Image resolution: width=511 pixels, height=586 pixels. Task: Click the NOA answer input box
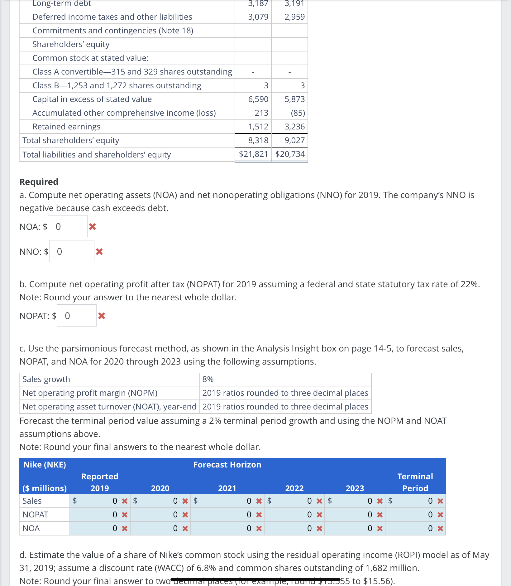67,226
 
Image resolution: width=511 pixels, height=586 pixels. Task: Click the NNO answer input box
71,251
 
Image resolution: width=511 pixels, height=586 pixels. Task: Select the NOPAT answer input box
76,316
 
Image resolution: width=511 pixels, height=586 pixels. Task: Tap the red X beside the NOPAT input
102,316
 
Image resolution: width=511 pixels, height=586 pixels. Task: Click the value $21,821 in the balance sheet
253,154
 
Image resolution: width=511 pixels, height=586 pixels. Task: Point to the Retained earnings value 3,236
294,127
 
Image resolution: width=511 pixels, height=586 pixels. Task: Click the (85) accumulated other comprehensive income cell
298,113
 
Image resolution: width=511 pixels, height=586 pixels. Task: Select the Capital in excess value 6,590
258,99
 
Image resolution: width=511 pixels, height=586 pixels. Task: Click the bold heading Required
39,182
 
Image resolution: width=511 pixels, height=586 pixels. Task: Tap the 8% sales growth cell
208,379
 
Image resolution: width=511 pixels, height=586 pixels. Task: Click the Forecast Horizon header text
227,465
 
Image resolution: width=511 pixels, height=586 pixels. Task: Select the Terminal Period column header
415,482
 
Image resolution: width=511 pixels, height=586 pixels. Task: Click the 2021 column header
227,488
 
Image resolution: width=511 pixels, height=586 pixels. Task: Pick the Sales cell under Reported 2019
100,501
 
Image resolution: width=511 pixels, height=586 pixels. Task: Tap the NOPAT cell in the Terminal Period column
415,515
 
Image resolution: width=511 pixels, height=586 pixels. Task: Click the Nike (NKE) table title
45,465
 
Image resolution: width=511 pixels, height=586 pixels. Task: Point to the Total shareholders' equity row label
71,140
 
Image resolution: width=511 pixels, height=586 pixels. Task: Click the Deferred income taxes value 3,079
258,17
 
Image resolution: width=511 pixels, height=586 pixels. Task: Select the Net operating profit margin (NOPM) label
90,393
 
